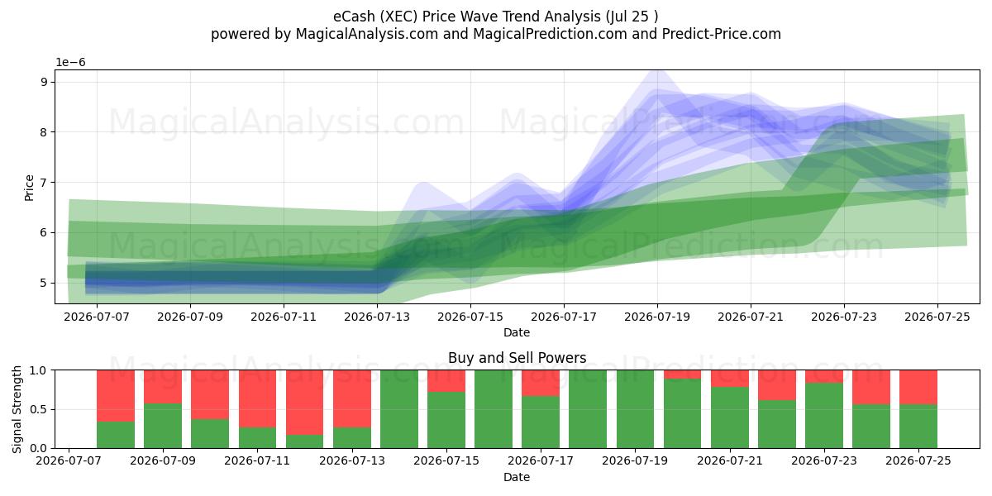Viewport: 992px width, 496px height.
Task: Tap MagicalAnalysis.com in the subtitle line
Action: coord(367,34)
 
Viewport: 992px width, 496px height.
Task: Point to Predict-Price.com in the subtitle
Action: coord(722,34)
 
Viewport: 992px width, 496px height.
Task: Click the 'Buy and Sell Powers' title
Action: coord(517,358)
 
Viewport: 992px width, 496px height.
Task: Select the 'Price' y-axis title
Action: coord(29,188)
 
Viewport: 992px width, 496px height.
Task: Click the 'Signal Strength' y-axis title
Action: coord(17,409)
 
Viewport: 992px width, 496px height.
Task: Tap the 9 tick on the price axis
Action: coord(44,82)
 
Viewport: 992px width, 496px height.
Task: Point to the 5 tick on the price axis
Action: coord(44,283)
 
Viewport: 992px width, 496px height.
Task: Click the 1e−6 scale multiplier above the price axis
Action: coord(70,63)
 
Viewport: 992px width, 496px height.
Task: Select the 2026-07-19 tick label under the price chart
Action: coord(657,317)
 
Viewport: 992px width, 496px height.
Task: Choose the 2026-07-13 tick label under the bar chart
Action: coord(352,461)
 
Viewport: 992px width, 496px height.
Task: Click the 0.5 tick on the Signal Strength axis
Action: coord(38,409)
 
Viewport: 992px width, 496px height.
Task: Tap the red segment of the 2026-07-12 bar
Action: coord(305,402)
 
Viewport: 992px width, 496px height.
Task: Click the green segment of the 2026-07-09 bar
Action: coord(163,426)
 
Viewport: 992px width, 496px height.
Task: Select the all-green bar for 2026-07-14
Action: coord(399,409)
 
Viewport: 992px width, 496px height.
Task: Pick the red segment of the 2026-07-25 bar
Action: coord(918,388)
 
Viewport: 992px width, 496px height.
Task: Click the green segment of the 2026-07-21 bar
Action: coord(730,417)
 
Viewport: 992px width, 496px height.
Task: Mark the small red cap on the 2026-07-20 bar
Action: coord(683,374)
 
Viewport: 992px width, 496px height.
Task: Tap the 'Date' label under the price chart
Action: coord(517,332)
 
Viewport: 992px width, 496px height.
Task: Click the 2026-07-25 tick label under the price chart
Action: coord(937,317)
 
